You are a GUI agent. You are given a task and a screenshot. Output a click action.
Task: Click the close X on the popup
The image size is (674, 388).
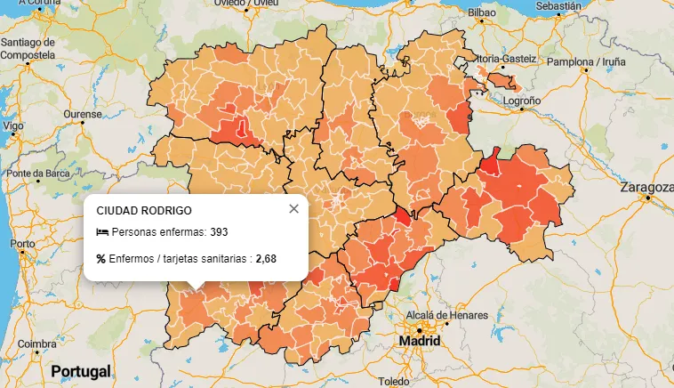294,209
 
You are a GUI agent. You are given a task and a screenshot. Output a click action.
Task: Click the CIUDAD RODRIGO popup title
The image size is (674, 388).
143,210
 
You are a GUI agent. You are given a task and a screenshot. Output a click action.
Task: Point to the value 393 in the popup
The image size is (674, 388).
219,232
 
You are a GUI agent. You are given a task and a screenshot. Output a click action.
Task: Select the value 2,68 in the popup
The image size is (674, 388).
266,259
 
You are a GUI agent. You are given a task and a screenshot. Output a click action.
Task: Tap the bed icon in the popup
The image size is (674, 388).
102,232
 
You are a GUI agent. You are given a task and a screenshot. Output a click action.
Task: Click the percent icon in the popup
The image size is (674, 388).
101,259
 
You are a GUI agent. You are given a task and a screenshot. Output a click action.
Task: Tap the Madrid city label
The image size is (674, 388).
419,341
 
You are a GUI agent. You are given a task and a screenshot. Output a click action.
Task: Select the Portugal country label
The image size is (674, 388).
81,370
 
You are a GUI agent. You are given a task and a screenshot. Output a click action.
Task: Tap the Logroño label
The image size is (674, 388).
522,101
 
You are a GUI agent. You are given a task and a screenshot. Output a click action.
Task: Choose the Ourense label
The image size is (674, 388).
82,115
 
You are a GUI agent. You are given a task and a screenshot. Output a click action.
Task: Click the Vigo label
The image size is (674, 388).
13,126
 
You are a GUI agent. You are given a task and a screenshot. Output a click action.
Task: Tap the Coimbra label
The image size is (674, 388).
36,344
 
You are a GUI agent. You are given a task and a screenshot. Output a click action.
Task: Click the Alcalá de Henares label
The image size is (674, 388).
446,315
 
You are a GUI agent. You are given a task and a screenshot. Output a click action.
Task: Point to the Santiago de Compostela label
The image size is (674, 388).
29,48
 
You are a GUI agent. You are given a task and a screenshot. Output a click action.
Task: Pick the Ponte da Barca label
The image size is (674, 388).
37,173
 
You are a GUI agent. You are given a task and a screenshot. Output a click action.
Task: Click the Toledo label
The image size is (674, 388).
393,381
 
